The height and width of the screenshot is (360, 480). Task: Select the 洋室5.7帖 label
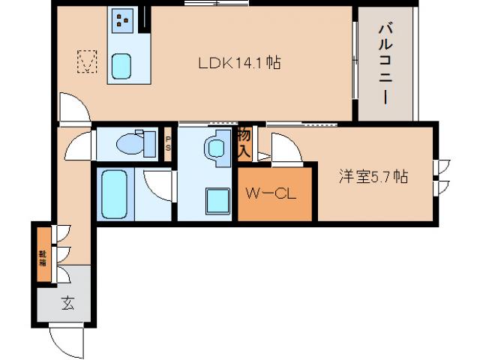(x=373, y=177)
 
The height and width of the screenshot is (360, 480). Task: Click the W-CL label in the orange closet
(x=274, y=193)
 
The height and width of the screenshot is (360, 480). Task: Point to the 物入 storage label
(x=244, y=143)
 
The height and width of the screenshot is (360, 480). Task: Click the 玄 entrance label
(x=67, y=304)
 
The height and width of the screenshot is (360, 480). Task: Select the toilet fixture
(x=136, y=142)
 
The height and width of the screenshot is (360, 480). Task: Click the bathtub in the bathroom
(x=115, y=193)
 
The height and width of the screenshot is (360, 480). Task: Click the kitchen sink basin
(x=122, y=66)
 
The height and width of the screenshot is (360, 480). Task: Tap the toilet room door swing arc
(x=79, y=145)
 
